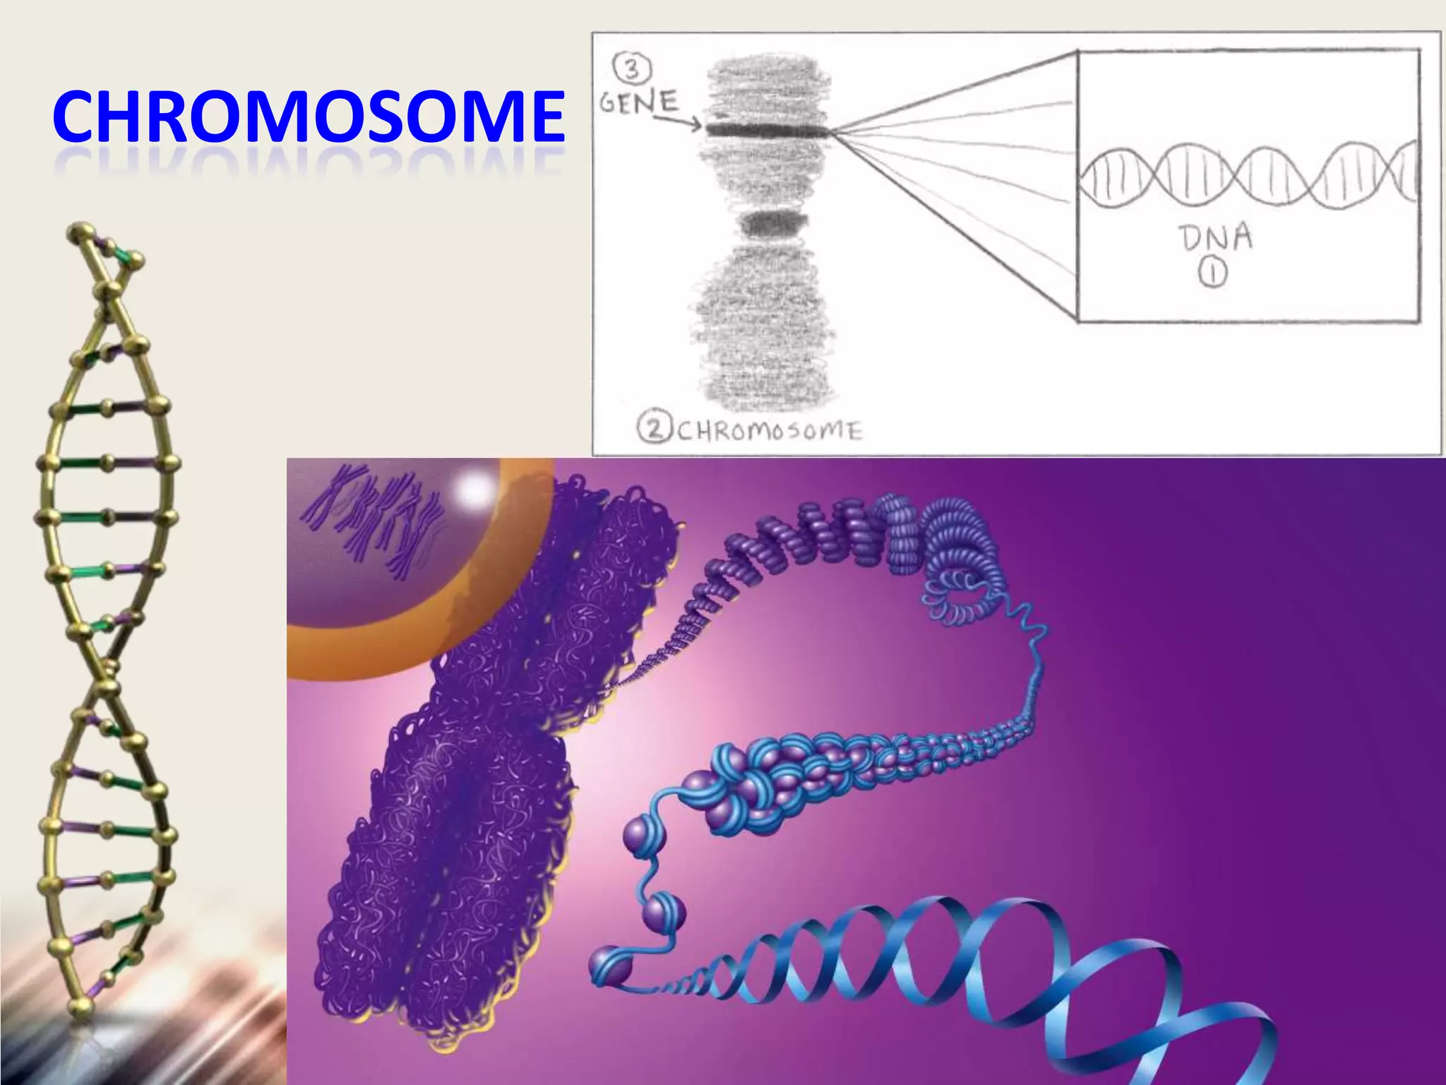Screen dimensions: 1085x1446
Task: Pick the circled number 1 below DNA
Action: (1212, 273)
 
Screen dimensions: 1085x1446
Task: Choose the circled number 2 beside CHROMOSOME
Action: (653, 428)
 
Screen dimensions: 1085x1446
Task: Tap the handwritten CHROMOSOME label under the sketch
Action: (770, 430)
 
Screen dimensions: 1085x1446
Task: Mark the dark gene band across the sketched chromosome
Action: (766, 130)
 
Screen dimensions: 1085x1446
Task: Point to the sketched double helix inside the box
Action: (1246, 177)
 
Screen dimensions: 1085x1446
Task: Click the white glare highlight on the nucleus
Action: (474, 488)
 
